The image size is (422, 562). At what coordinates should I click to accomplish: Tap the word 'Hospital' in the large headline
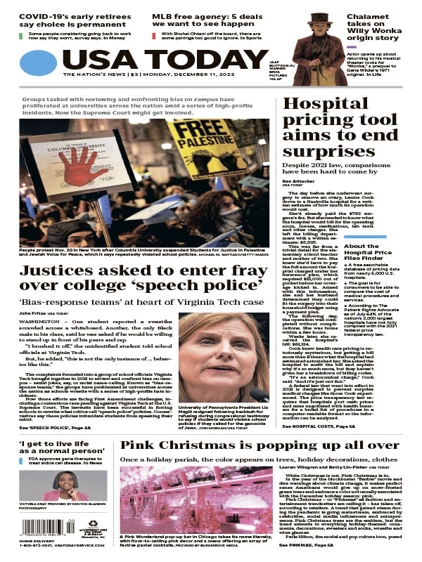(x=321, y=106)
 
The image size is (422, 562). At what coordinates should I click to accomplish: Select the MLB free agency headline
(x=204, y=18)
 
